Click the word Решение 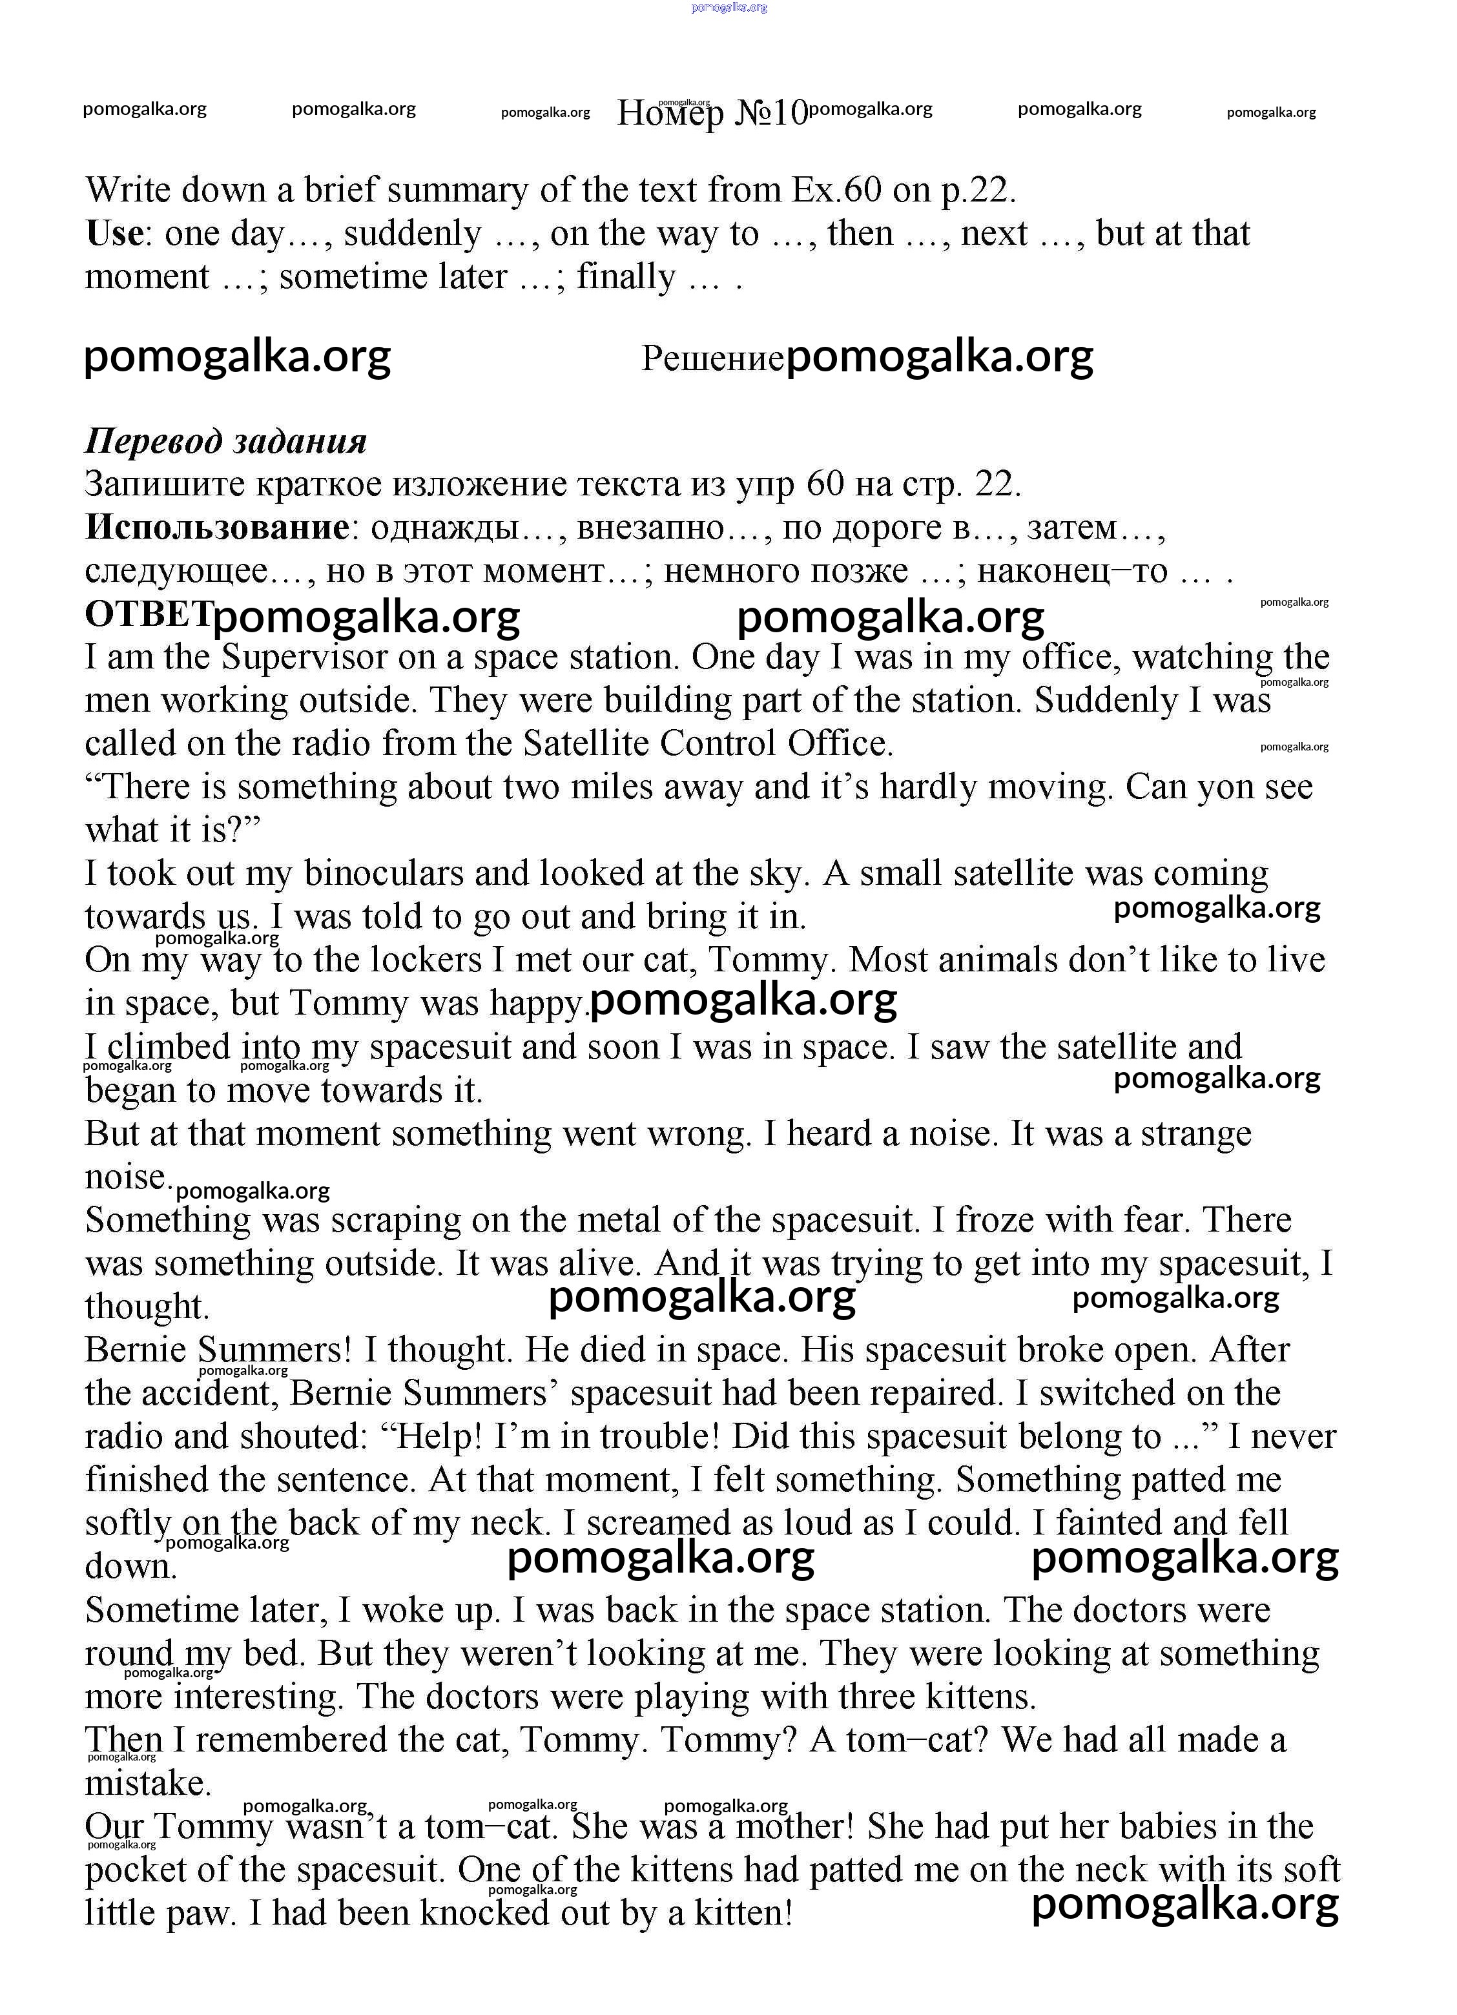pyautogui.click(x=712, y=359)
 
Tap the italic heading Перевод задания pyautogui.click(x=225, y=442)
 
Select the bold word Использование pyautogui.click(x=217, y=528)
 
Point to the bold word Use pyautogui.click(x=114, y=234)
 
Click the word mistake pyautogui.click(x=147, y=1783)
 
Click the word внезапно pyautogui.click(x=650, y=528)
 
